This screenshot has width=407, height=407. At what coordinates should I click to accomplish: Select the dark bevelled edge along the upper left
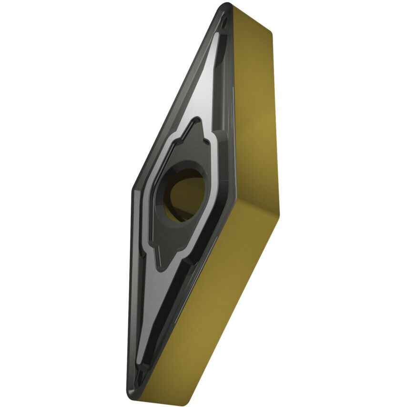coord(176,95)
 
